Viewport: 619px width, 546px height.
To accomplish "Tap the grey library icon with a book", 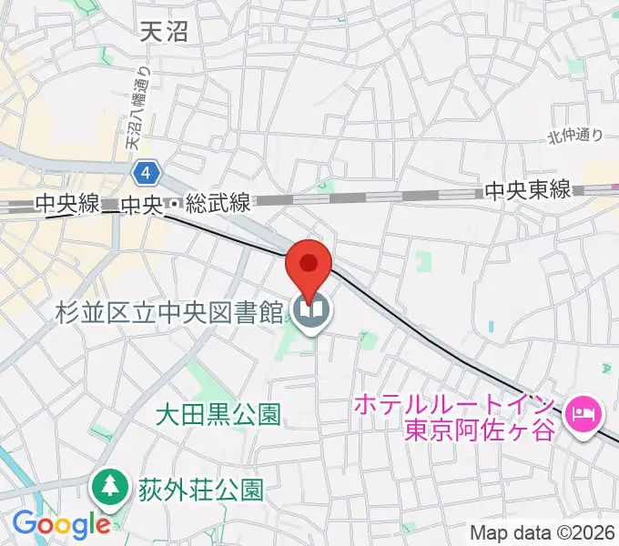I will point(312,314).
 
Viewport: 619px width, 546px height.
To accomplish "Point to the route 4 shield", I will point(147,171).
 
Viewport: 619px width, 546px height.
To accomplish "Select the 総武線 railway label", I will point(218,205).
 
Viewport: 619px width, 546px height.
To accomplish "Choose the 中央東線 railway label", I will point(527,190).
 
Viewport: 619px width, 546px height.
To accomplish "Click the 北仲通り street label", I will point(575,136).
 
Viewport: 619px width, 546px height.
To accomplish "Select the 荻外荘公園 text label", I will point(200,490).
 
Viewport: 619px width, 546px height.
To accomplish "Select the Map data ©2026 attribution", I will point(543,532).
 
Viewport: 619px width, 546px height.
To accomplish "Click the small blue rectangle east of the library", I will point(492,326).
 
